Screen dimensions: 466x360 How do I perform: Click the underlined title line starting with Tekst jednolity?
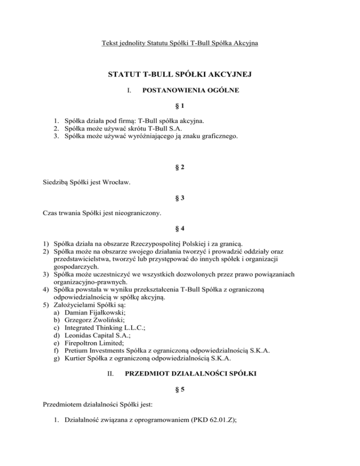click(x=180, y=44)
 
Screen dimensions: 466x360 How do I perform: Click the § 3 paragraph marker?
click(x=180, y=198)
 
